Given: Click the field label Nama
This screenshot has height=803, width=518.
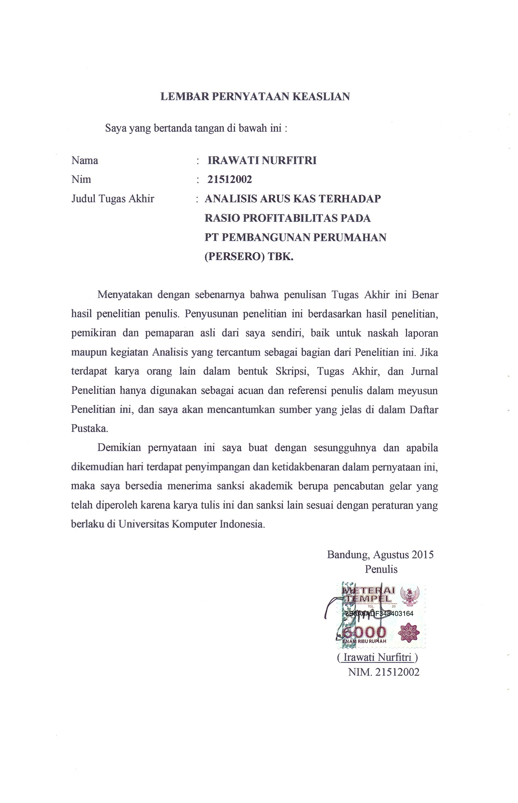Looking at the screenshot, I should tap(85, 161).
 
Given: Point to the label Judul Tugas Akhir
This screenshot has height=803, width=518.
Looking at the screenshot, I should tap(113, 199).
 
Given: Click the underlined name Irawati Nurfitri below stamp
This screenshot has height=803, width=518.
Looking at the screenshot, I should tap(377, 657).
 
